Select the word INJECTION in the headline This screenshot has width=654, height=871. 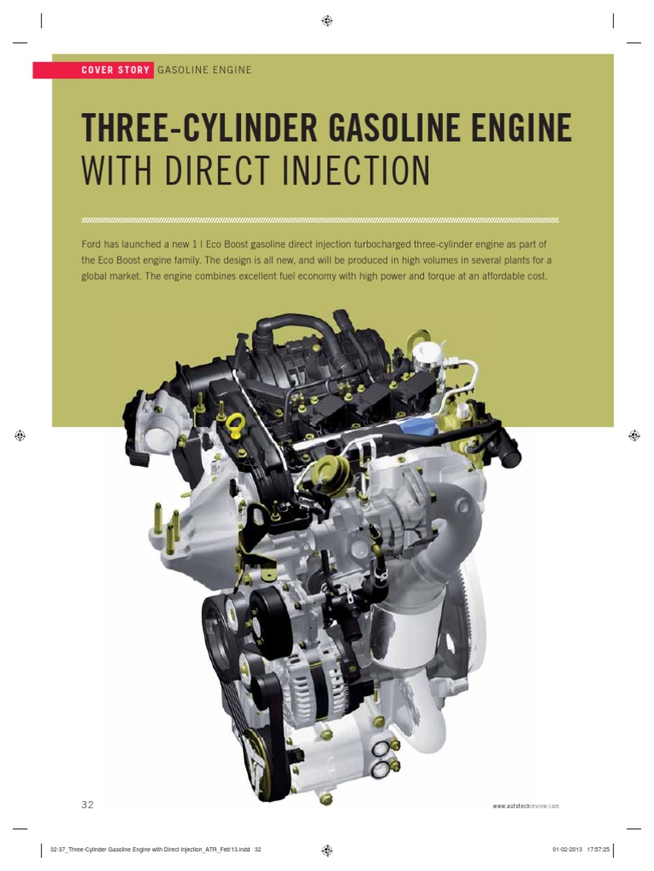click(348, 171)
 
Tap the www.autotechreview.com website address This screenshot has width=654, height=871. click(525, 806)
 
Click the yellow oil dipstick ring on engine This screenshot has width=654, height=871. click(236, 423)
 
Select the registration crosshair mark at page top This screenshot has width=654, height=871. click(327, 20)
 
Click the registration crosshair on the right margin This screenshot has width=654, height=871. click(634, 435)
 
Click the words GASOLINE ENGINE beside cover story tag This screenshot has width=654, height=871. click(204, 70)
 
